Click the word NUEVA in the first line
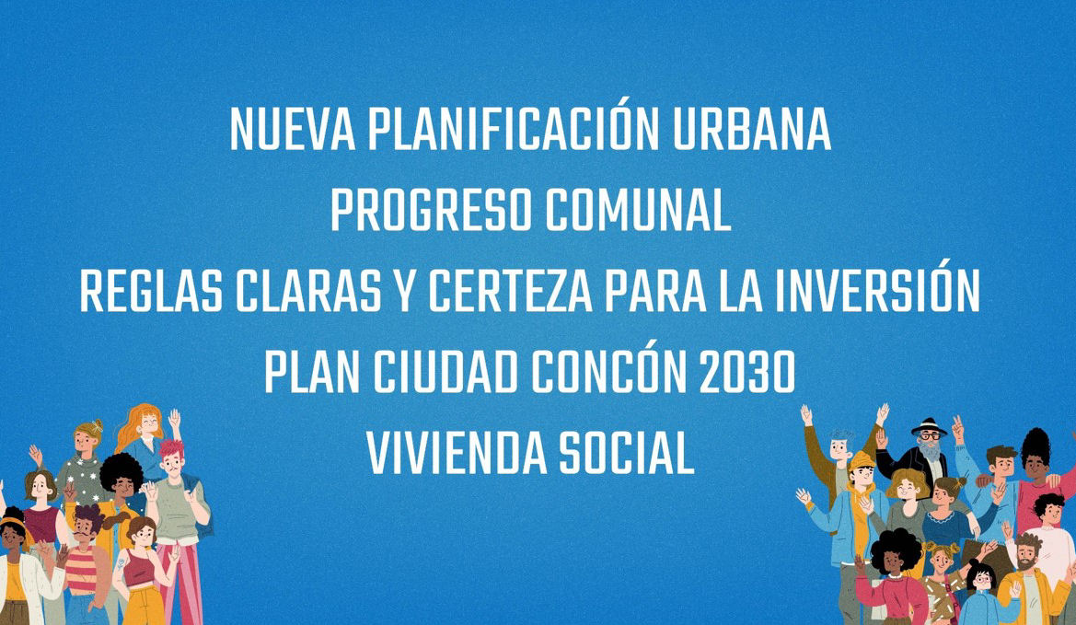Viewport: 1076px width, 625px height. [x=293, y=129]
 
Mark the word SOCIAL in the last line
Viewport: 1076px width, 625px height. [x=626, y=452]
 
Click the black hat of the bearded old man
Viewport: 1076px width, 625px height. [x=929, y=426]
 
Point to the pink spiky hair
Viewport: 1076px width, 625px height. [x=171, y=448]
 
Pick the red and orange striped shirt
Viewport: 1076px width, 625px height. [x=81, y=569]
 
